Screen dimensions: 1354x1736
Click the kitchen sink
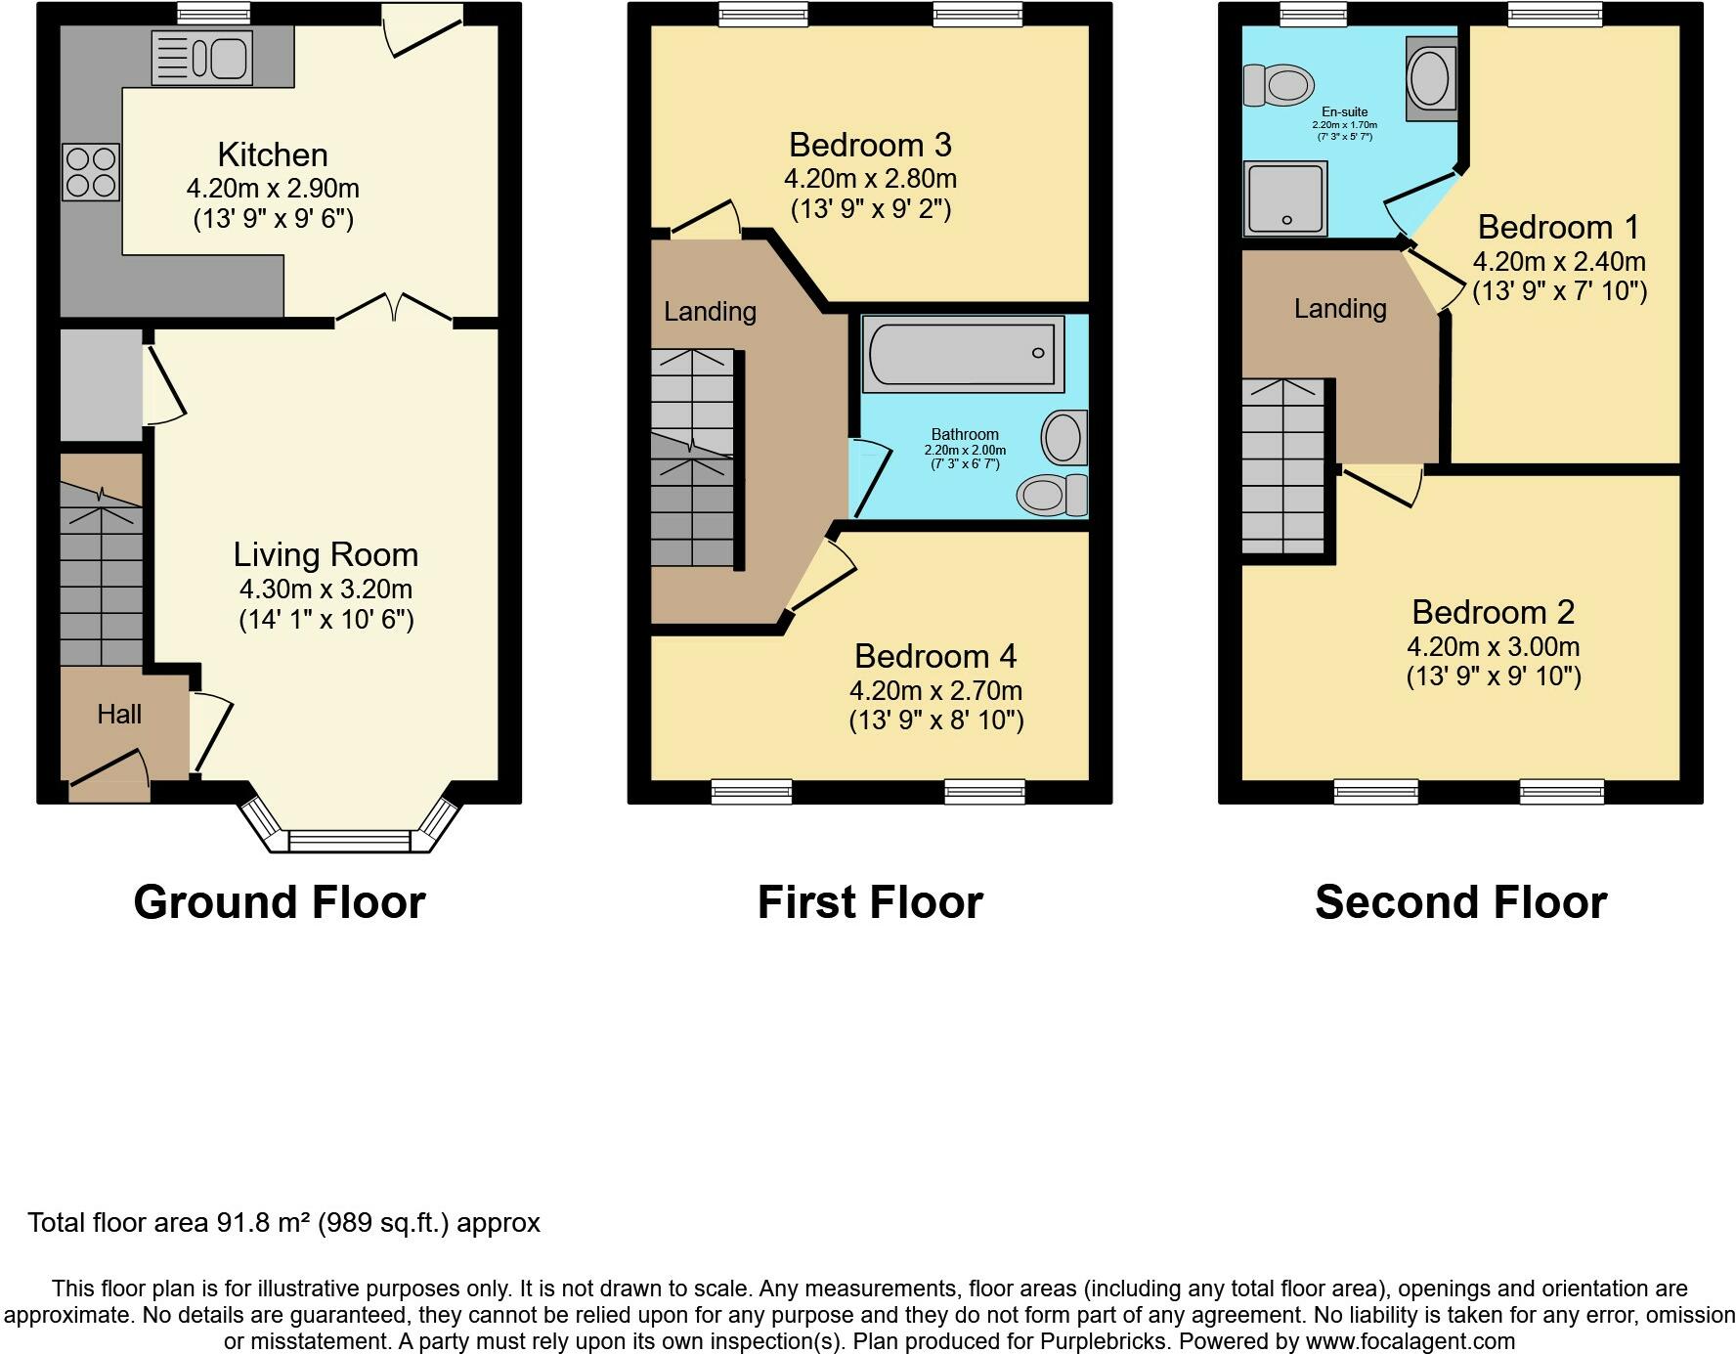(x=203, y=58)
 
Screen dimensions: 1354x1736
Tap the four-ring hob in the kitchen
(x=92, y=171)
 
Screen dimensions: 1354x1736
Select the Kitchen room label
(x=272, y=154)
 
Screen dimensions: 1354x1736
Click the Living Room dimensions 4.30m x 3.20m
(x=325, y=590)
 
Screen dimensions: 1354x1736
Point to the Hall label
(x=119, y=715)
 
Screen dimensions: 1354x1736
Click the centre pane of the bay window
(x=349, y=841)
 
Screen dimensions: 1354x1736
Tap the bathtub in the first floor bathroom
(x=963, y=354)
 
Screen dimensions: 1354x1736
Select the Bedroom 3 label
(x=870, y=146)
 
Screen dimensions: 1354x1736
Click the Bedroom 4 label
(x=935, y=656)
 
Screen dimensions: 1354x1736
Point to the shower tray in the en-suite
(x=1285, y=199)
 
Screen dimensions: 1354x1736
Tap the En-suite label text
(x=1344, y=112)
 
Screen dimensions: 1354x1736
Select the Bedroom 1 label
(x=1558, y=228)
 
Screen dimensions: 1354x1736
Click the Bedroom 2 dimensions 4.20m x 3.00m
(x=1493, y=647)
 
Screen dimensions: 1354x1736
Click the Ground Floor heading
(x=280, y=902)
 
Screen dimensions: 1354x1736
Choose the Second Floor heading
(x=1460, y=902)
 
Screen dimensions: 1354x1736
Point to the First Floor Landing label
(x=710, y=312)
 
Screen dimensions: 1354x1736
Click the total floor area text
(x=283, y=1223)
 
